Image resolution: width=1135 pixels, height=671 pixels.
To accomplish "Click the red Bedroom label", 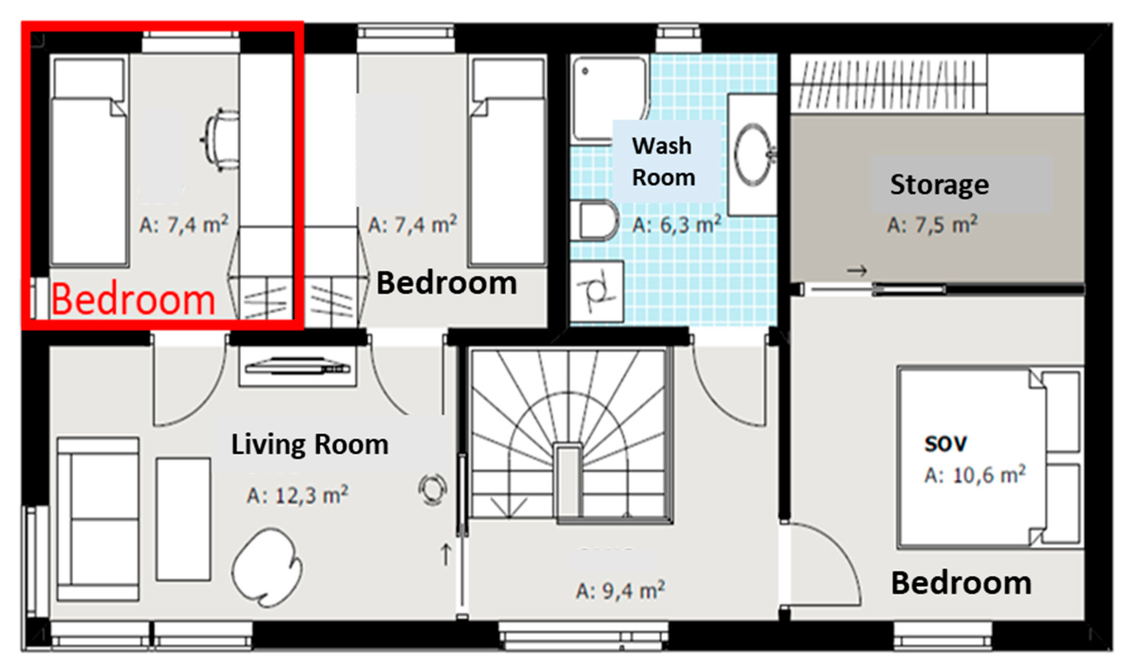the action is tap(133, 300).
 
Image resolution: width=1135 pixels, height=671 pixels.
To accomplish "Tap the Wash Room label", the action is tap(663, 161).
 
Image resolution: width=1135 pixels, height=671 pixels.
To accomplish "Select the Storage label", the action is tap(940, 185).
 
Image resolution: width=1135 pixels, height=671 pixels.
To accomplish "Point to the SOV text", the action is tap(945, 444).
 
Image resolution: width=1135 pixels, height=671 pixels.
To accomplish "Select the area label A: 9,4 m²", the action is tap(620, 591).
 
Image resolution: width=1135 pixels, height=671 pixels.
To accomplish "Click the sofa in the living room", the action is tap(98, 519).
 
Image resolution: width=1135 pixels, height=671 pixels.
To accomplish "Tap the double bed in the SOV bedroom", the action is tap(990, 458).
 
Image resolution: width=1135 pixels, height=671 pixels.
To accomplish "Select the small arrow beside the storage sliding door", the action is tap(857, 271).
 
